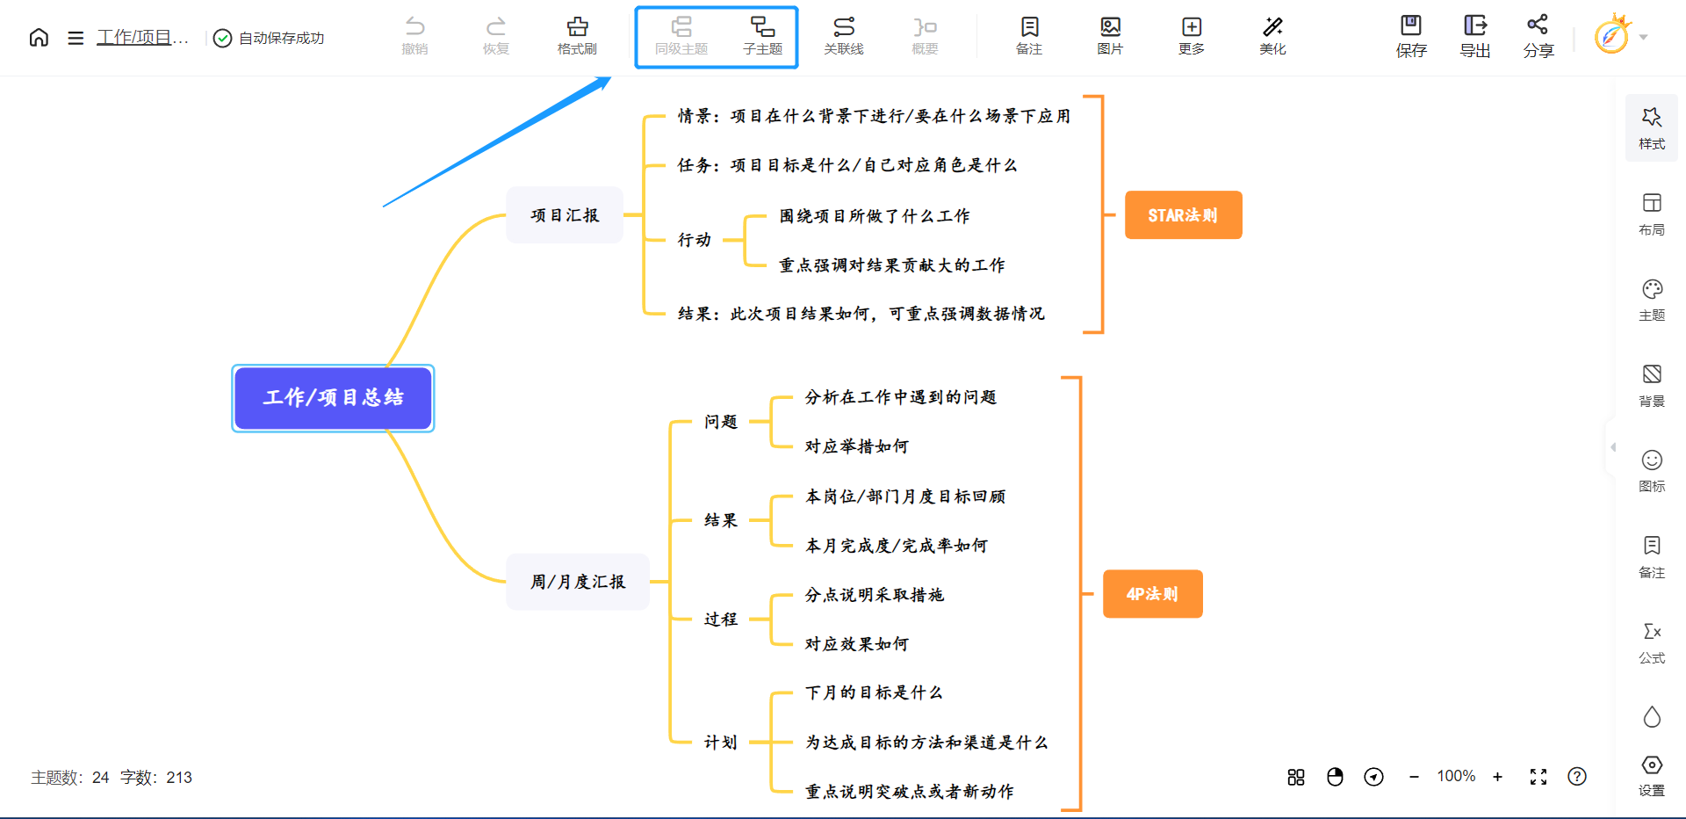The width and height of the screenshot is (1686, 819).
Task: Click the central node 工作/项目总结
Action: pyautogui.click(x=333, y=398)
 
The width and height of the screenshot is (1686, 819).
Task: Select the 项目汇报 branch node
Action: pyautogui.click(x=565, y=215)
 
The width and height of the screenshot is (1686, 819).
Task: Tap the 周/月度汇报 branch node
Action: pyautogui.click(x=578, y=582)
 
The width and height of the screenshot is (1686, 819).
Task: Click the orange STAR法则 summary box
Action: pyautogui.click(x=1183, y=215)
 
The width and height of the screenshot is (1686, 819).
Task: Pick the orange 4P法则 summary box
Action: pyautogui.click(x=1152, y=594)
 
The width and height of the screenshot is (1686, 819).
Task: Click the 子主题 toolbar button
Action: pyautogui.click(x=762, y=36)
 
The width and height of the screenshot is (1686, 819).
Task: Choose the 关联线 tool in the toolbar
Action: pyautogui.click(x=844, y=36)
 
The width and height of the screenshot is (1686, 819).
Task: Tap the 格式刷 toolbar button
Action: pyautogui.click(x=577, y=36)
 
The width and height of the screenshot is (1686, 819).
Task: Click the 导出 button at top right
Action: pyautogui.click(x=1475, y=36)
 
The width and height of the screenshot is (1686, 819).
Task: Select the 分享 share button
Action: pyautogui.click(x=1538, y=36)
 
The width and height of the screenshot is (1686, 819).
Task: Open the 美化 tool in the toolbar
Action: pyautogui.click(x=1272, y=36)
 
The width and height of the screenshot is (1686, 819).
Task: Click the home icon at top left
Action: pyautogui.click(x=39, y=38)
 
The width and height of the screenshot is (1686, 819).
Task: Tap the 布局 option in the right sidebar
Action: pyautogui.click(x=1652, y=214)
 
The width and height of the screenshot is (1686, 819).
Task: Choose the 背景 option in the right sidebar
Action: pyautogui.click(x=1652, y=385)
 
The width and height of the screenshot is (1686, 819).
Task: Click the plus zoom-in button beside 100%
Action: pyautogui.click(x=1498, y=777)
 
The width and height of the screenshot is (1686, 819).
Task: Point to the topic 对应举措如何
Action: pyautogui.click(x=857, y=446)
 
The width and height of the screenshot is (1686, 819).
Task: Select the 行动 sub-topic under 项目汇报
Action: pyautogui.click(x=694, y=240)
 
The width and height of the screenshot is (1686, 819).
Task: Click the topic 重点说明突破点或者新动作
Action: pyautogui.click(x=910, y=792)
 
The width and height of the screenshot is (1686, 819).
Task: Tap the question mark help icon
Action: pyautogui.click(x=1577, y=777)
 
